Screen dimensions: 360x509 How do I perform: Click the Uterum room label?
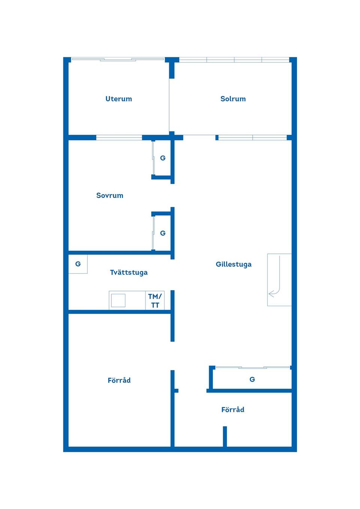[x=118, y=99]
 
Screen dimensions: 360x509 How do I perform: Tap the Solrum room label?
[x=233, y=99]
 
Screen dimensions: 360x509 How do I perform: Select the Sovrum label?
[x=110, y=195]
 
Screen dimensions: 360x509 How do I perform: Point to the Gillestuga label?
[x=234, y=264]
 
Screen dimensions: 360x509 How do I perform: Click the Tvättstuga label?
[x=129, y=272]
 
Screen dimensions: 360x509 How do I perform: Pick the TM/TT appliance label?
[x=155, y=301]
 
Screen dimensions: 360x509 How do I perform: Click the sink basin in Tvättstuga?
[x=118, y=300]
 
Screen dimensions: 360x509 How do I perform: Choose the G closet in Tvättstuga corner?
[x=78, y=264]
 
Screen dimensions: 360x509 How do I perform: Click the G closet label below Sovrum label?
[x=163, y=233]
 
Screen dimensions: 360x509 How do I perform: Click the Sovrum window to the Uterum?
[x=119, y=138]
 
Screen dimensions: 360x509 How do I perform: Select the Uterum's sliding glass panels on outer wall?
[x=118, y=60]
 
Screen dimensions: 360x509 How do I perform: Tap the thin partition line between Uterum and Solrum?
[x=169, y=105]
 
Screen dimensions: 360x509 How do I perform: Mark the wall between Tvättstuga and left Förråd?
[x=120, y=312]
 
